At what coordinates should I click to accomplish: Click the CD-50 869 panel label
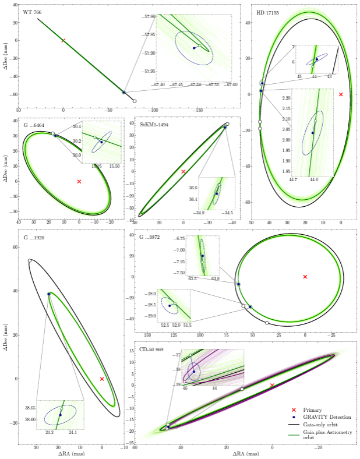[x=150, y=349]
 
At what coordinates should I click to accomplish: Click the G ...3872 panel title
[x=149, y=237]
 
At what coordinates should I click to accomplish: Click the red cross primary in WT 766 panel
[x=63, y=40]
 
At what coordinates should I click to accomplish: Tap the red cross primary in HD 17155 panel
[x=341, y=94]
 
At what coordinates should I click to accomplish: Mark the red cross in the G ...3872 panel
[x=305, y=276]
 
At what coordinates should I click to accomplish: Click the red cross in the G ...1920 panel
[x=102, y=379]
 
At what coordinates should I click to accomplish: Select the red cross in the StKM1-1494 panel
[x=183, y=171]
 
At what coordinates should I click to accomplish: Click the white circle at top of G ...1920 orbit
[x=30, y=260]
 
